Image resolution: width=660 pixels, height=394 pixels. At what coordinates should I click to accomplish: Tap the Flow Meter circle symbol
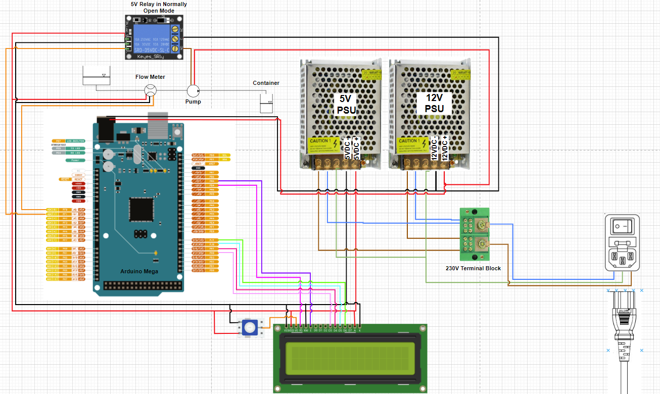coord(150,90)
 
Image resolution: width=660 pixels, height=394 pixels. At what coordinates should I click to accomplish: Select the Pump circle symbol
coord(193,91)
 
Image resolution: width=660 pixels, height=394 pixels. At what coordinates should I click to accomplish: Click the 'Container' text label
coord(266,83)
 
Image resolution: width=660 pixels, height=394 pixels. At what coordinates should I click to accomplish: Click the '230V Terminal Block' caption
coord(473,268)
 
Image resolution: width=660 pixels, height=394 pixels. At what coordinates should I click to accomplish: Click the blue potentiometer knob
coord(250,327)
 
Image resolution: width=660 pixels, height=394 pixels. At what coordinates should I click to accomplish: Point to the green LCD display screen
coord(350,358)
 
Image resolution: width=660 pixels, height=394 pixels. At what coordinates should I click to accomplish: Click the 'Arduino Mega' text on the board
coord(139,271)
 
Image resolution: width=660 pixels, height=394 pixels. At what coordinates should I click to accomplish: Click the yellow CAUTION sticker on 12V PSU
coord(411,145)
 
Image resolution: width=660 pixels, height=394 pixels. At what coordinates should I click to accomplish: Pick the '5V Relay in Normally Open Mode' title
coord(159,7)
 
